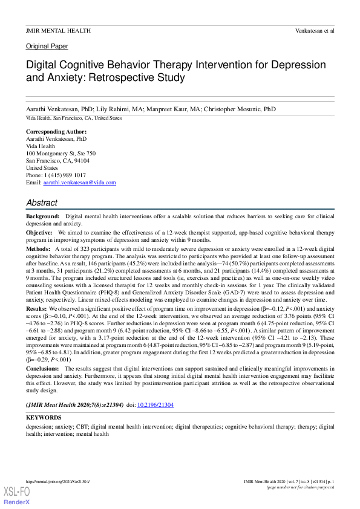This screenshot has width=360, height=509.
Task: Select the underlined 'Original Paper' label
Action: point(47,46)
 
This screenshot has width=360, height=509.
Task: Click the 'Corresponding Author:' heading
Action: point(56,132)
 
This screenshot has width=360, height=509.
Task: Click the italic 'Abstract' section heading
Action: point(42,203)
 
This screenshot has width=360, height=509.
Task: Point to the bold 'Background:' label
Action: point(43,216)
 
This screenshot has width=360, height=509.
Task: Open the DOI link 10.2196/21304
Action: point(156,404)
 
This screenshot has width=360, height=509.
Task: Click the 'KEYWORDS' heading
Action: point(44,418)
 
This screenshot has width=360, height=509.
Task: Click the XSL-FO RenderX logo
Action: point(16,496)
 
